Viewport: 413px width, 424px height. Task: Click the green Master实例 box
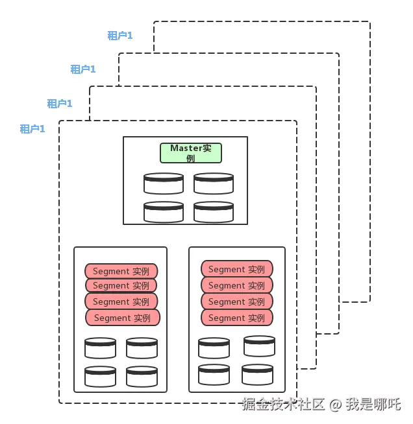[x=191, y=153]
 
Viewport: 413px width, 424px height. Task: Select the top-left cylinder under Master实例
[x=164, y=183]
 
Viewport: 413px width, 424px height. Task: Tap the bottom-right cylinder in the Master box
[x=214, y=212]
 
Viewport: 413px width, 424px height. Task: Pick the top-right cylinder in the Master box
[x=214, y=183]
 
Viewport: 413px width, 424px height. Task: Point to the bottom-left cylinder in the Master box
[x=164, y=212]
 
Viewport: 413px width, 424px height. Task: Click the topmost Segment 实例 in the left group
[x=121, y=271]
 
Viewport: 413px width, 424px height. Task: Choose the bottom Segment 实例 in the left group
[x=123, y=318]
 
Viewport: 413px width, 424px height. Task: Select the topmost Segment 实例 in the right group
[x=237, y=269]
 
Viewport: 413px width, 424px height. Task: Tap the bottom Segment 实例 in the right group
[x=237, y=318]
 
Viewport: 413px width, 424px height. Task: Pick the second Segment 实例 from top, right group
[x=237, y=285]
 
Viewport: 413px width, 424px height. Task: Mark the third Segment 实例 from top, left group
[x=121, y=301]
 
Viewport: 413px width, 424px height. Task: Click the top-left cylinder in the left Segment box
[x=100, y=348]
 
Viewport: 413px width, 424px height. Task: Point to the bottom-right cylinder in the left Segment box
[x=142, y=377]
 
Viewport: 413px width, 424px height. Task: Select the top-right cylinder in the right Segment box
[x=260, y=346]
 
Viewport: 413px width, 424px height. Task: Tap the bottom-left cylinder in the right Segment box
[x=214, y=375]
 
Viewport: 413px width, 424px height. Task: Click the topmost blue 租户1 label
[x=120, y=36]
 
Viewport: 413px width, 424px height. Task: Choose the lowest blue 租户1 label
[x=32, y=129]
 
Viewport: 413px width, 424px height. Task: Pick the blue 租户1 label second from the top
[x=83, y=69]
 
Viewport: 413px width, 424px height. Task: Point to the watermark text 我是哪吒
[x=373, y=405]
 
